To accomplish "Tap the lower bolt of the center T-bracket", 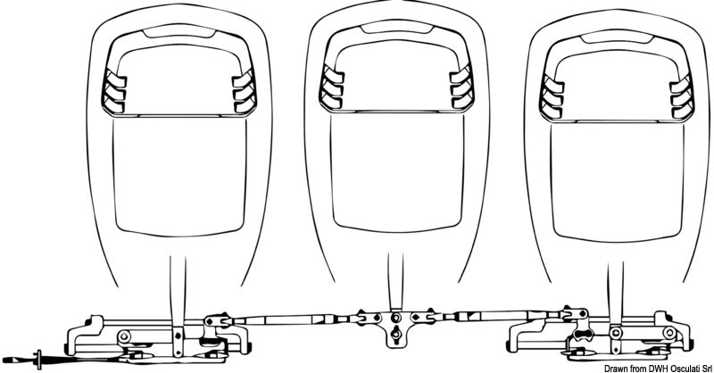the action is [x=396, y=335].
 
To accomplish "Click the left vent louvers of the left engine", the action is [x=114, y=93].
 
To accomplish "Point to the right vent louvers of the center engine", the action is [x=461, y=88].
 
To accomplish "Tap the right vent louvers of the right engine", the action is [x=682, y=98].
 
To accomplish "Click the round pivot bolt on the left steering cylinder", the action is [x=123, y=336].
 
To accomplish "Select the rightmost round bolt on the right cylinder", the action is [x=668, y=333].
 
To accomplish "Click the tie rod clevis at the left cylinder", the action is [x=216, y=320].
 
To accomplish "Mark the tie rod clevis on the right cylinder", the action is [x=575, y=313].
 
